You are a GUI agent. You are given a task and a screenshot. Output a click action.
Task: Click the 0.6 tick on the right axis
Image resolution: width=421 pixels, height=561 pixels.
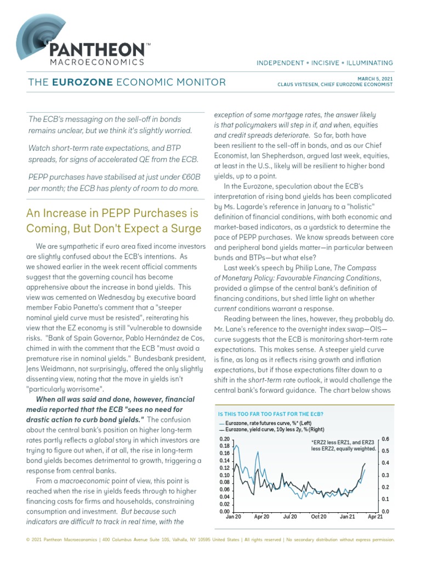[385, 439]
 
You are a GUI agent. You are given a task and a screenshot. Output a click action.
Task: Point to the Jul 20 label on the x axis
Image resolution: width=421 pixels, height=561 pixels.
[290, 517]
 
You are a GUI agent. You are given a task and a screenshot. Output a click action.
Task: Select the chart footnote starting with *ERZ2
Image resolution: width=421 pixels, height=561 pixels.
[343, 445]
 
